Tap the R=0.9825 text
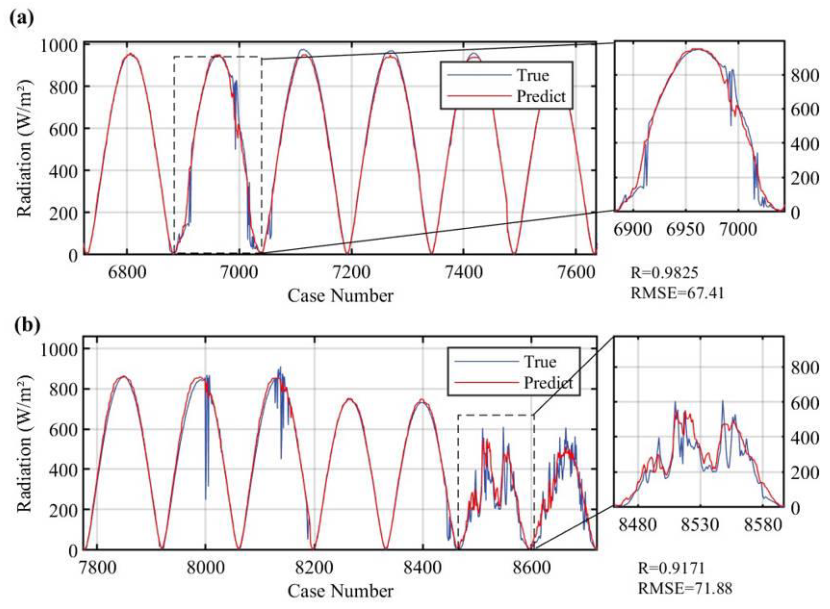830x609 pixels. click(664, 273)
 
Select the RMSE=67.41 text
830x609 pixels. click(677, 293)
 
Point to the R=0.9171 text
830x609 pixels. click(671, 568)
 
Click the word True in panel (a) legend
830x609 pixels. click(533, 76)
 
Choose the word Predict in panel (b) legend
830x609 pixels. click(548, 383)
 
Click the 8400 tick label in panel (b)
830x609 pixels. click(422, 568)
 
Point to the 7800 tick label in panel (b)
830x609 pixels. click(97, 568)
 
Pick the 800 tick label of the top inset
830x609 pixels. click(804, 76)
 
